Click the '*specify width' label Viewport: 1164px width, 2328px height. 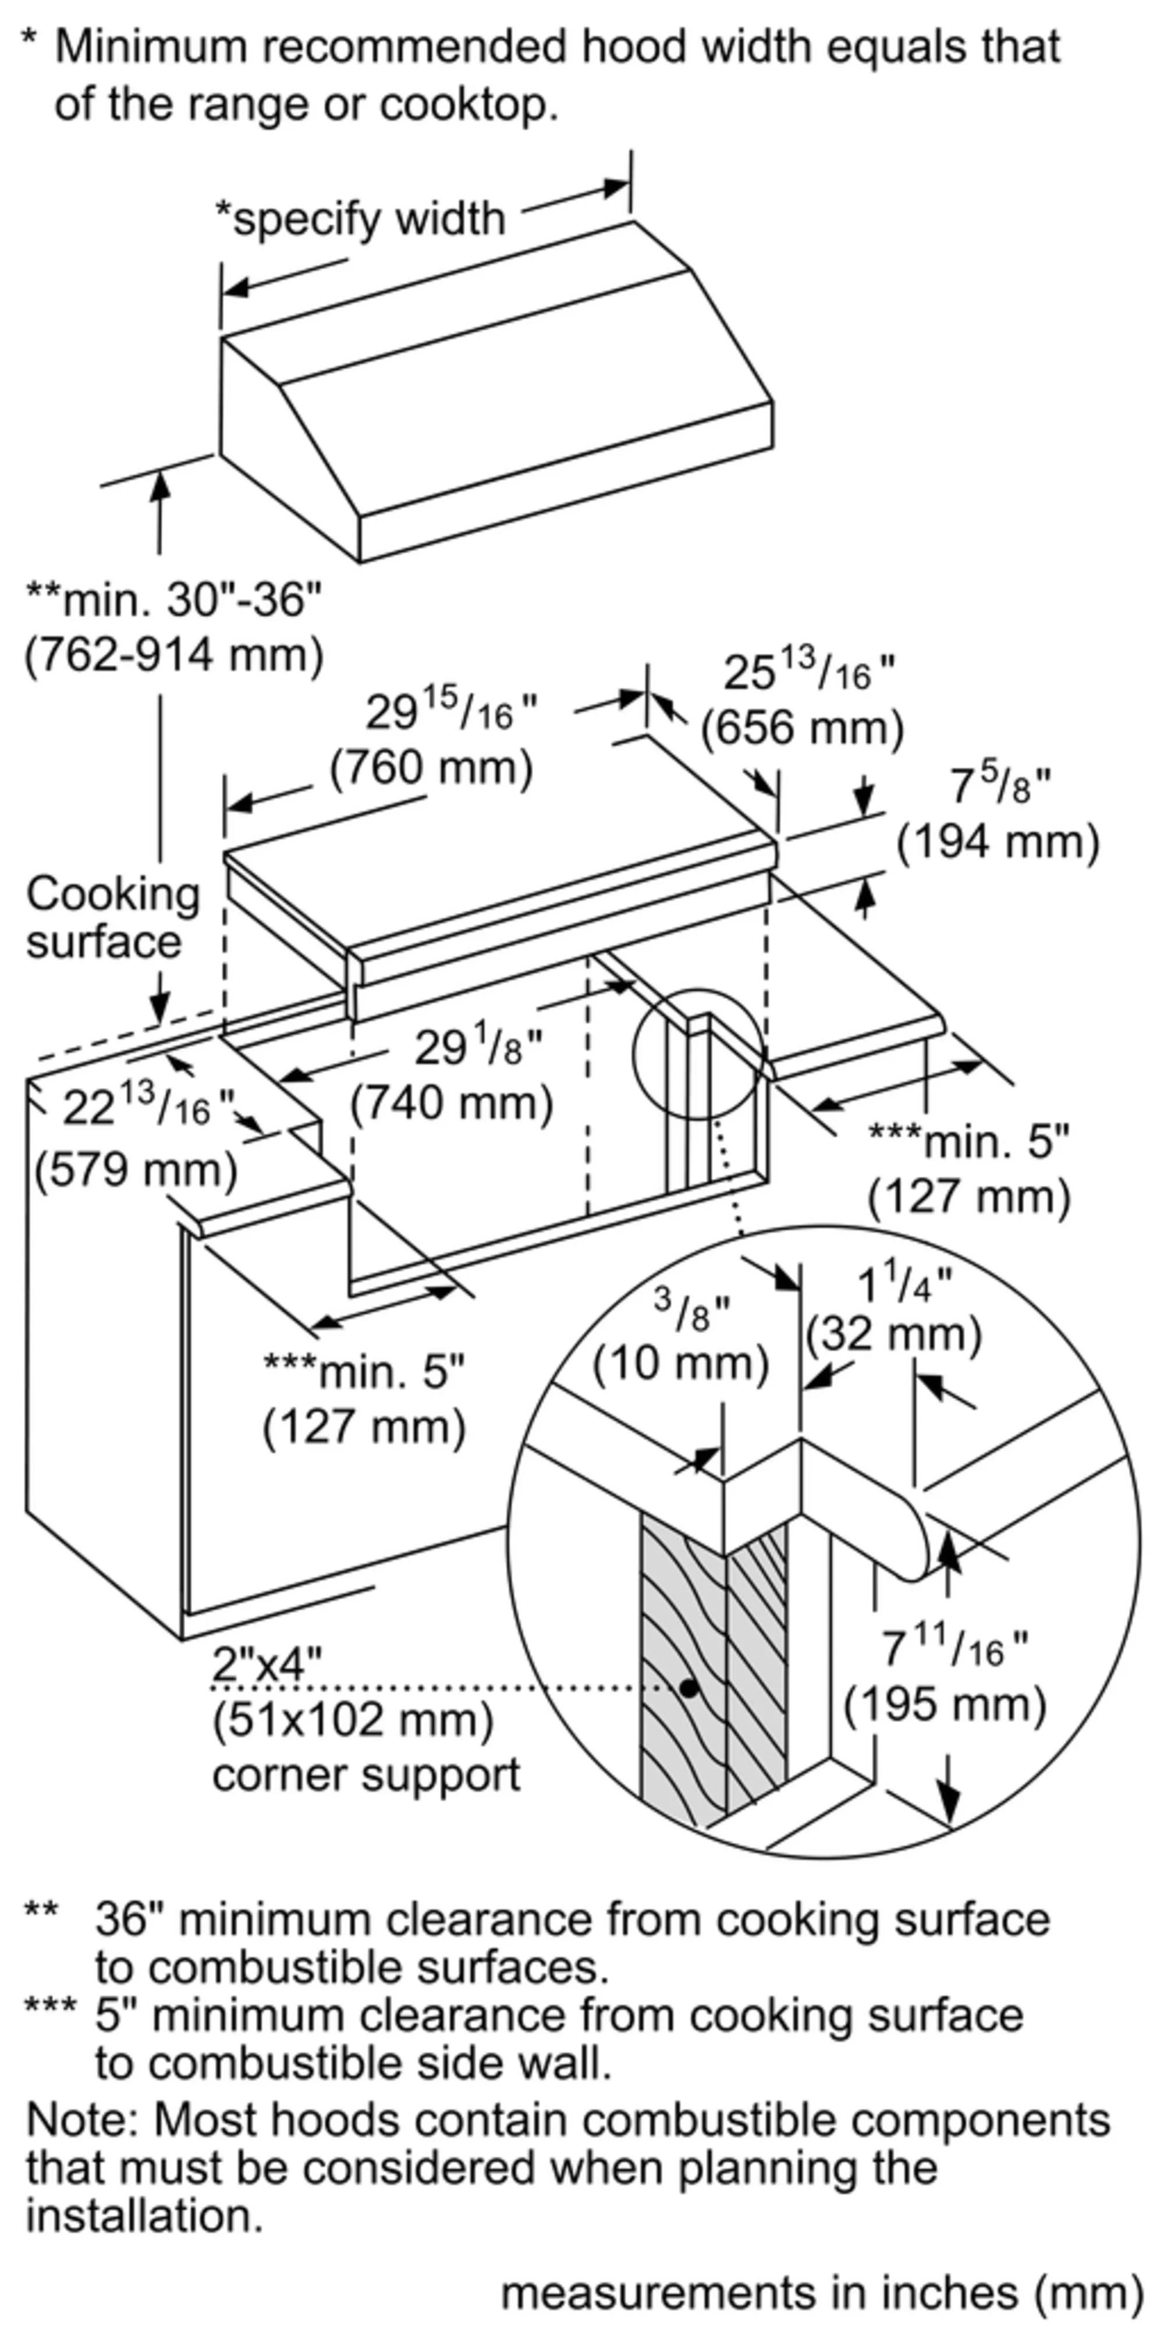(x=360, y=219)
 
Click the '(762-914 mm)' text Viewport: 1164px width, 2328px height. (x=173, y=654)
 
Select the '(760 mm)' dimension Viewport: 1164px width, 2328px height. (x=431, y=768)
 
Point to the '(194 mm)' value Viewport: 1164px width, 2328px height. (x=998, y=842)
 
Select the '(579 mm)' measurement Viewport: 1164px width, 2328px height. (x=136, y=1169)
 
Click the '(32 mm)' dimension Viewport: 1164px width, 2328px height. (x=893, y=1334)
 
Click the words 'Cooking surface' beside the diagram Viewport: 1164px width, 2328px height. (x=112, y=917)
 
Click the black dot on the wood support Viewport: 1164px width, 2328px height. (x=690, y=1687)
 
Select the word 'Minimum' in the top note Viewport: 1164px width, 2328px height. (x=150, y=47)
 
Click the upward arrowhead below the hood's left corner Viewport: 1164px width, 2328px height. (x=160, y=486)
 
